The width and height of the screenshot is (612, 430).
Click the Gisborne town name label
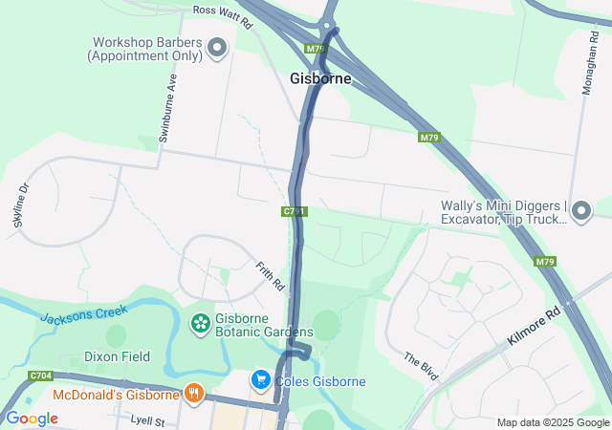pyautogui.click(x=320, y=78)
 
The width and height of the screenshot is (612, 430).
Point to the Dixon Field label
pyautogui.click(x=117, y=356)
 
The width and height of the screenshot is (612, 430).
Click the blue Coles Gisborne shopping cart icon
pyautogui.click(x=260, y=380)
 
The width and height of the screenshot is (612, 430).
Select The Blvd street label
pyautogui.click(x=420, y=365)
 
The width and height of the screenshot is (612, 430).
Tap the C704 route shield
pyautogui.click(x=40, y=376)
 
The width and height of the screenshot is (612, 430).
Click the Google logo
pyautogui.click(x=31, y=418)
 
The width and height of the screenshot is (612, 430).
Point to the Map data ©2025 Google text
pyautogui.click(x=552, y=422)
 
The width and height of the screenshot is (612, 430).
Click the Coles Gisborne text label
pyautogui.click(x=320, y=382)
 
